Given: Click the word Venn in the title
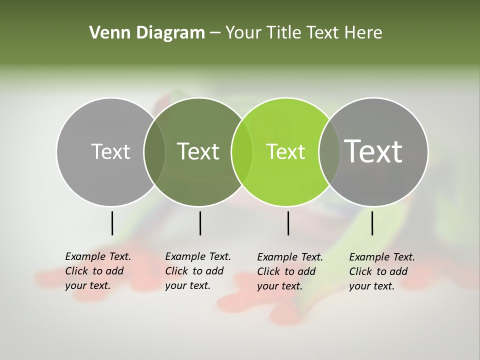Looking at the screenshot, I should point(106,33).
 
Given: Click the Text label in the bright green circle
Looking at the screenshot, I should point(285,152).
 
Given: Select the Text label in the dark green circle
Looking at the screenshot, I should point(198,151).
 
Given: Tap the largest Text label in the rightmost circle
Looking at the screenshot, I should point(373,151).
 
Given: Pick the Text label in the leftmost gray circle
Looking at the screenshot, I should point(111,151).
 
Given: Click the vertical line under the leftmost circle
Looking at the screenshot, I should point(112,223).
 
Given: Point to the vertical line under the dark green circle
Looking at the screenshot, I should point(200,223).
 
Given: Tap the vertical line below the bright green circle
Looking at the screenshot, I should point(288,223).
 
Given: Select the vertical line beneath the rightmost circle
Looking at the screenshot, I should point(372,223).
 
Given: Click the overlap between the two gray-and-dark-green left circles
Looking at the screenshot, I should point(154,152).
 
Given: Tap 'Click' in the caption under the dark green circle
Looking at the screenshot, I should point(177,271).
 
